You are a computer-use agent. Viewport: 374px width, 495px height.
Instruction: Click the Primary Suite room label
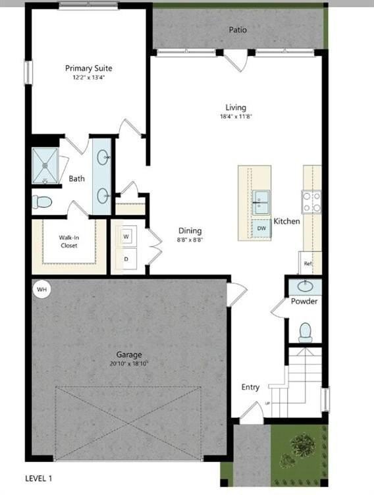coord(88,68)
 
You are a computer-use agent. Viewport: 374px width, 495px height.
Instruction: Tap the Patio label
coord(238,30)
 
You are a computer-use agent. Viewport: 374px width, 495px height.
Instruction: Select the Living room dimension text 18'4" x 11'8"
coord(236,117)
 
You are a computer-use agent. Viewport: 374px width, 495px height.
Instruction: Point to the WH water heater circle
coord(42,289)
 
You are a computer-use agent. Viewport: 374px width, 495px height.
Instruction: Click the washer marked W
coord(126,235)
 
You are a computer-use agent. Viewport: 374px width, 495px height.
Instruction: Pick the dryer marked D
coord(126,259)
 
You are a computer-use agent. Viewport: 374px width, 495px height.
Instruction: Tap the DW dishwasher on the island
coord(261,228)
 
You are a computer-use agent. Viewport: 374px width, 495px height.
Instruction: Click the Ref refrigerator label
coord(307,263)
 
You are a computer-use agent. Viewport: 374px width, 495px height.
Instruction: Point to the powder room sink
coord(306,286)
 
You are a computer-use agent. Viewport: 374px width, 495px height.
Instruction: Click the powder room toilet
coord(306,331)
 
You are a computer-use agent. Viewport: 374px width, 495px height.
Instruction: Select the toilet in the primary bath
coord(42,201)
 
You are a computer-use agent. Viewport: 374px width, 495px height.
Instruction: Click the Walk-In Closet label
coord(68,241)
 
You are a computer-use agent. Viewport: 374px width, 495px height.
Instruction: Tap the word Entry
coord(250,387)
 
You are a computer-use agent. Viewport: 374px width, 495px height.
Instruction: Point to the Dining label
coord(190,231)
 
